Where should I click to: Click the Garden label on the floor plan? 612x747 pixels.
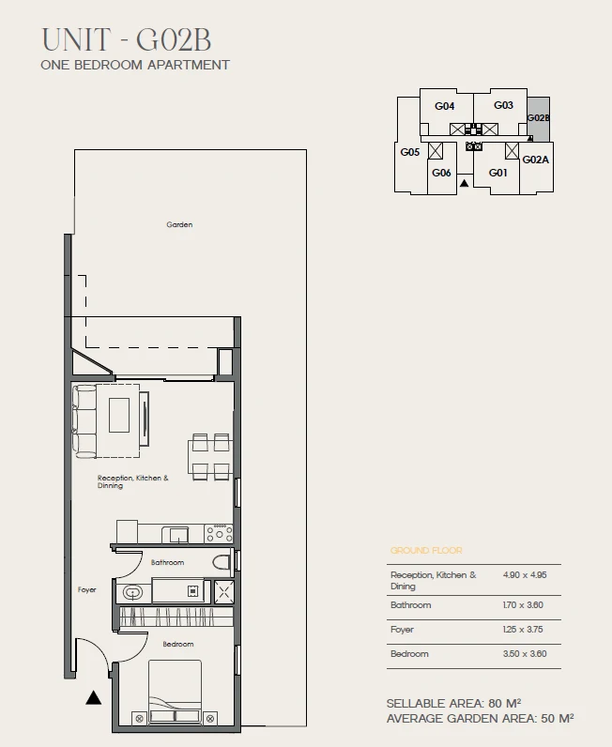[179, 224]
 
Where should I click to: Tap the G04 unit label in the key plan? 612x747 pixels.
[444, 106]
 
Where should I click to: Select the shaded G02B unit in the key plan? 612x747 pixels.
[539, 119]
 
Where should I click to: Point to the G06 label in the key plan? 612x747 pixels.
[441, 173]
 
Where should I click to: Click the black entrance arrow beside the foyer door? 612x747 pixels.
[94, 697]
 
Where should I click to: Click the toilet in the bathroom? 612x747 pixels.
[222, 562]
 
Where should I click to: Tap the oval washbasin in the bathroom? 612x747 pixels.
[132, 593]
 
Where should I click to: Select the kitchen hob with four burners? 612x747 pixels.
[219, 534]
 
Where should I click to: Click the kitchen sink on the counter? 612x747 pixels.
[176, 535]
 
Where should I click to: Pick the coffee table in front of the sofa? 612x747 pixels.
[119, 415]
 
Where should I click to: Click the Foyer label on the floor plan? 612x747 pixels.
[86, 589]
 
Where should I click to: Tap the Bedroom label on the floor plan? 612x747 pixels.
[178, 644]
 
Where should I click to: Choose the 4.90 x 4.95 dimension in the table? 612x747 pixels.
[525, 575]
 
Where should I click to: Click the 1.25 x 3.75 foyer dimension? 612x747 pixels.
[523, 630]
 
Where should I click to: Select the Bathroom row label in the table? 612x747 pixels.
[411, 605]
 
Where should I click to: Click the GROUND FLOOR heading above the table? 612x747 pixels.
[426, 550]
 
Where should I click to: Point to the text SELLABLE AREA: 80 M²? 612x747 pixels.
[453, 703]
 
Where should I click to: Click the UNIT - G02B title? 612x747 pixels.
[127, 39]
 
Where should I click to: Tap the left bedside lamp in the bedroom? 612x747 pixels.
[140, 719]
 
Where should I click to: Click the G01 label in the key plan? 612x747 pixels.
[498, 173]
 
